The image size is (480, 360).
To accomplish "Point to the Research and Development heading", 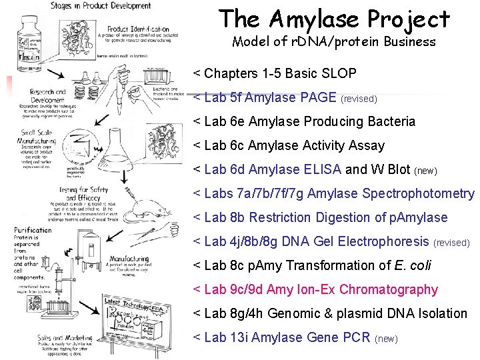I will [x=47, y=95].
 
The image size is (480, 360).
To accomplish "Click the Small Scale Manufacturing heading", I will [x=35, y=136].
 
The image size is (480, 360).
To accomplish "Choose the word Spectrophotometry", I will [x=418, y=193].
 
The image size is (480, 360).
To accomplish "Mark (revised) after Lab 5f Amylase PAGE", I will [x=359, y=99].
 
